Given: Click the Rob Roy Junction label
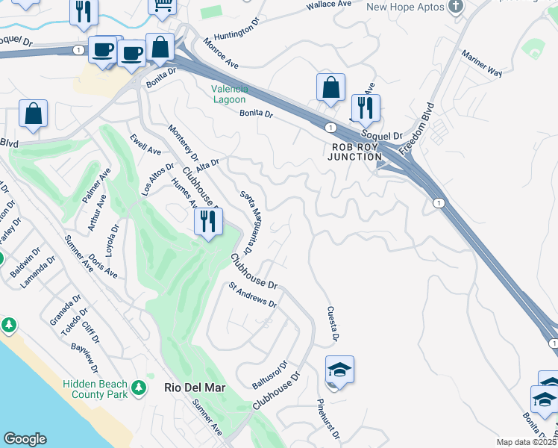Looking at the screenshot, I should click(355, 152).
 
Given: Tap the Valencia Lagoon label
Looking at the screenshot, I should click(230, 94).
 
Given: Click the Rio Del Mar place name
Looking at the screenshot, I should click(194, 388).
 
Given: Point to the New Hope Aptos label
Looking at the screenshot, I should click(404, 7).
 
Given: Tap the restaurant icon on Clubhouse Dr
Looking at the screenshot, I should click(208, 221).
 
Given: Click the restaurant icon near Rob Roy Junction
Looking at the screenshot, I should click(366, 108).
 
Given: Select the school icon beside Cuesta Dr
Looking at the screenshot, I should click(339, 370).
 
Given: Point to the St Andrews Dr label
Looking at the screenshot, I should click(253, 294).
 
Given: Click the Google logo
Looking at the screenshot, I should click(25, 439).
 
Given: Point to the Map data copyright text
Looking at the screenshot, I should click(527, 442).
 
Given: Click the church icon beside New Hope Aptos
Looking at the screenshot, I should click(457, 7).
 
